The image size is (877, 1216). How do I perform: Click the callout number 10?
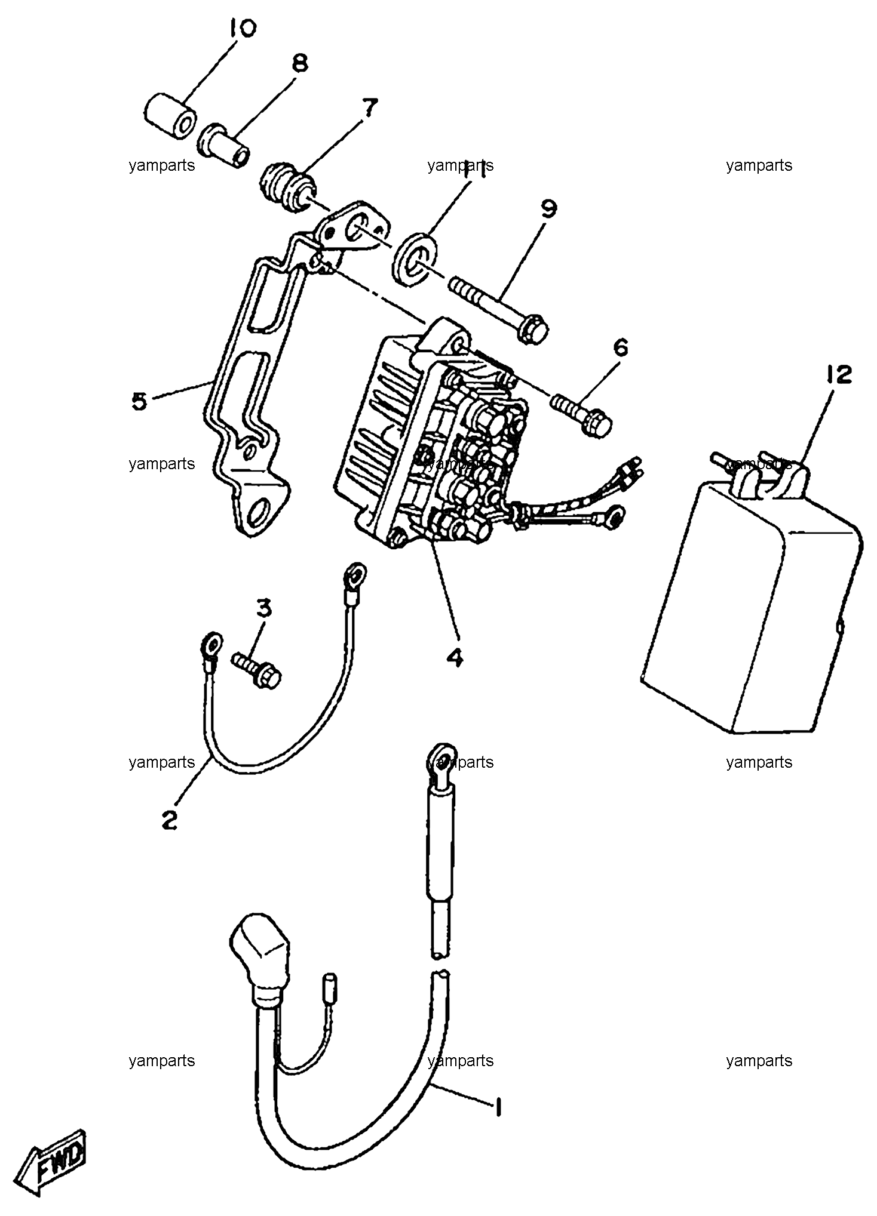240,28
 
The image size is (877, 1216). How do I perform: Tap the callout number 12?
839,375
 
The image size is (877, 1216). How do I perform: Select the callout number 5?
139,401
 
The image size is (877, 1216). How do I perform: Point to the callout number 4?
454,658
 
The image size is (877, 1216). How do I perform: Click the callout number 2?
170,820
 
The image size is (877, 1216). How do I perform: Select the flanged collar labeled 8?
225,145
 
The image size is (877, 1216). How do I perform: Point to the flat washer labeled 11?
416,259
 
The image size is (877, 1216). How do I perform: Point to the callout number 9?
548,209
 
